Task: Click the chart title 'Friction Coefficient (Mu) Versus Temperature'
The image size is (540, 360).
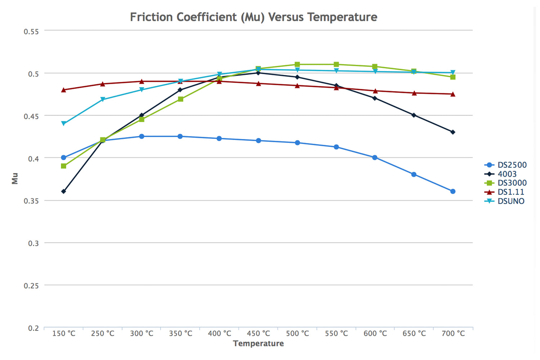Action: pyautogui.click(x=253, y=17)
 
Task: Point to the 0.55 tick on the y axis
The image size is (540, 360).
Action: pyautogui.click(x=31, y=31)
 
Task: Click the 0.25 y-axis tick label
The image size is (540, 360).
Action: pyautogui.click(x=31, y=285)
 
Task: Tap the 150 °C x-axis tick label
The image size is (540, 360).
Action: pyautogui.click(x=64, y=333)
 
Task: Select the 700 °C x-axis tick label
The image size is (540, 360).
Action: pyautogui.click(x=453, y=333)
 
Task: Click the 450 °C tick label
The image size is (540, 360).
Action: pyautogui.click(x=258, y=333)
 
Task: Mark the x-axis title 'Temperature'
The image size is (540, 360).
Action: pyautogui.click(x=258, y=343)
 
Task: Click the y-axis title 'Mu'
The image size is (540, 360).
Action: pyautogui.click(x=15, y=178)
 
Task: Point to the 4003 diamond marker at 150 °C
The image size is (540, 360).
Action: pyautogui.click(x=64, y=192)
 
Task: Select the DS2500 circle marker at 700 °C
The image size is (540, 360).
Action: pyautogui.click(x=453, y=192)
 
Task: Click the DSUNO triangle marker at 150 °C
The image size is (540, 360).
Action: pyautogui.click(x=64, y=123)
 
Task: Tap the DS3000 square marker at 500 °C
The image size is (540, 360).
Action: pyautogui.click(x=297, y=64)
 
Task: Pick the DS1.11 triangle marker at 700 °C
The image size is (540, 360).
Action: pyautogui.click(x=453, y=94)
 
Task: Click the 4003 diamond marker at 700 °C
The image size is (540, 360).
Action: pyautogui.click(x=453, y=132)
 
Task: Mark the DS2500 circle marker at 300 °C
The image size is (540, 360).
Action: pyautogui.click(x=141, y=136)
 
